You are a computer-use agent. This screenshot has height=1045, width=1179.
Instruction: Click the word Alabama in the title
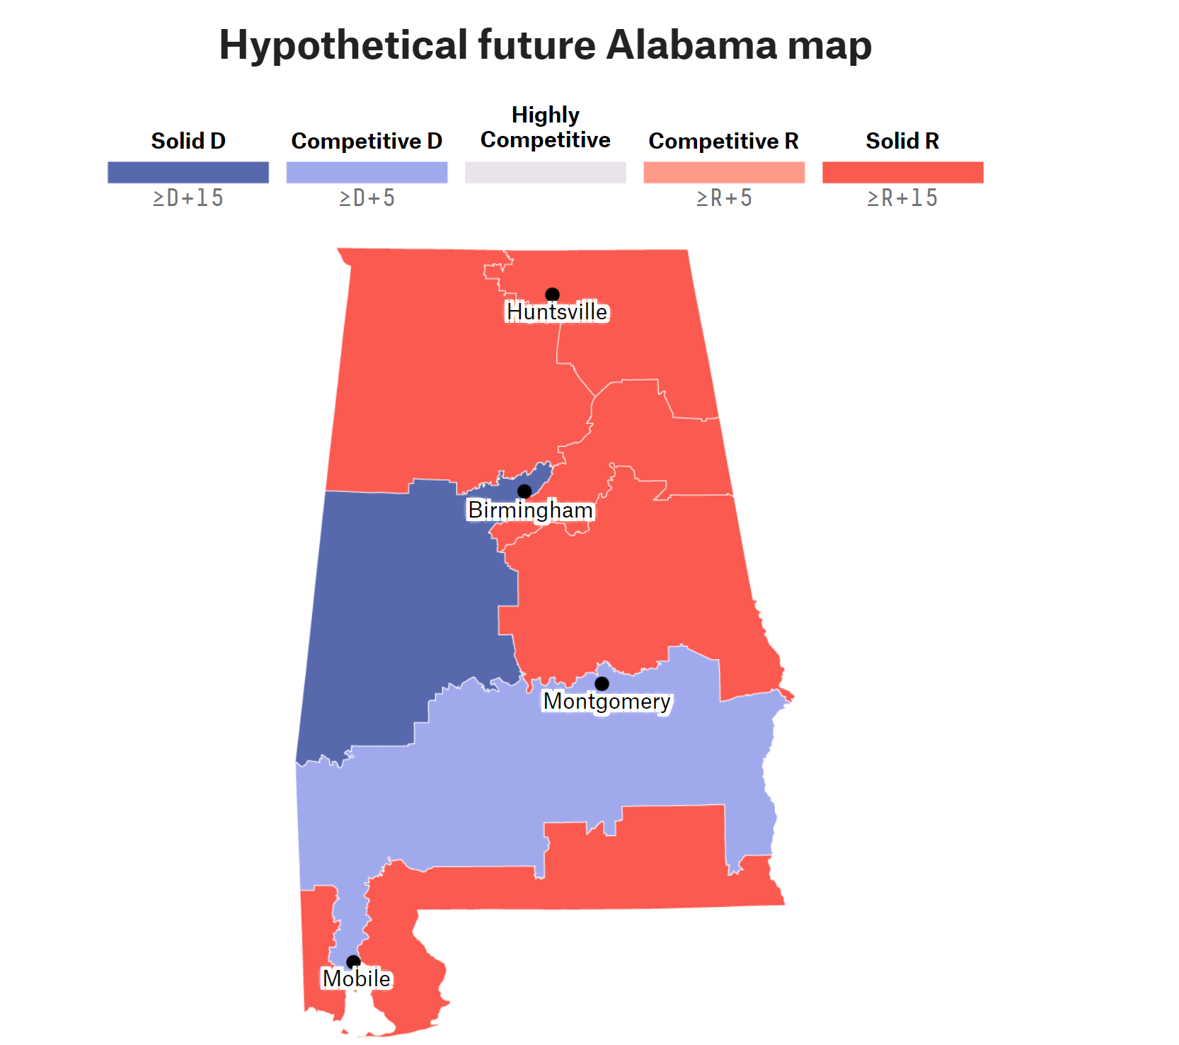point(691,45)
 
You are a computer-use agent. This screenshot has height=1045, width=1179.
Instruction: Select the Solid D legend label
point(188,141)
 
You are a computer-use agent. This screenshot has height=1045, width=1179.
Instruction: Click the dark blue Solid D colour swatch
point(188,172)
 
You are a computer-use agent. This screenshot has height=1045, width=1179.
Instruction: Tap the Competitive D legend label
point(367,141)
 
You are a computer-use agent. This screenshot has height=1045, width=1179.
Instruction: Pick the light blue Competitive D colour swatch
point(367,172)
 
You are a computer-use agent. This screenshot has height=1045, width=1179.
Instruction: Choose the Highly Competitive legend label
point(545,127)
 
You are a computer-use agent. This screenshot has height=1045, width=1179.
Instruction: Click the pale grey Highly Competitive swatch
point(545,172)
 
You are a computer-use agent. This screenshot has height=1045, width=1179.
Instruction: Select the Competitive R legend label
point(723,141)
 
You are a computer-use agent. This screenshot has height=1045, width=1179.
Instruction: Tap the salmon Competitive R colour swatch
point(724,172)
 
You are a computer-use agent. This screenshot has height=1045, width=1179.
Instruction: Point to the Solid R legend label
point(902,141)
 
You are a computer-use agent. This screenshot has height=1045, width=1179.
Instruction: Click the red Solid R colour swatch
point(902,172)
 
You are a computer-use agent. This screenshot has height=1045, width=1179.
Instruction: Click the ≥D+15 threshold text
point(188,198)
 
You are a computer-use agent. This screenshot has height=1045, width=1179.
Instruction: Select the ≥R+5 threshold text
point(724,198)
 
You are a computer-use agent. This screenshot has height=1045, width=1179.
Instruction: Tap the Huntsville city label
point(557,312)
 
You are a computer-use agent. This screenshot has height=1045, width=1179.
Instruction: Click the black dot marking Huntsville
point(552,294)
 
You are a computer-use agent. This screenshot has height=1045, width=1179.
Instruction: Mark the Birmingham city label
point(530,510)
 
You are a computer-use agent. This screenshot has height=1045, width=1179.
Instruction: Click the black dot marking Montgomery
point(602,683)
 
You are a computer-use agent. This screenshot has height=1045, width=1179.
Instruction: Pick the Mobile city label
point(357,978)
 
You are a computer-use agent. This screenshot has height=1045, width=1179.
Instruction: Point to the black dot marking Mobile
point(353,961)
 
